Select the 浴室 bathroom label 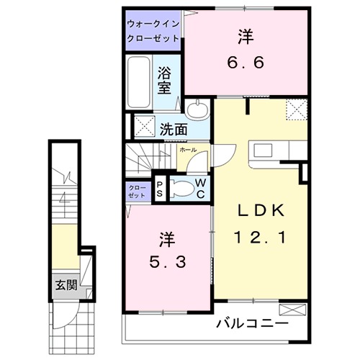(164, 80)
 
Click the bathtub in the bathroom (140, 82)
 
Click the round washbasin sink (199, 110)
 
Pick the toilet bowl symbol (183, 189)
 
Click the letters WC (201, 189)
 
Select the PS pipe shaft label (160, 189)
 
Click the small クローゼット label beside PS (137, 191)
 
